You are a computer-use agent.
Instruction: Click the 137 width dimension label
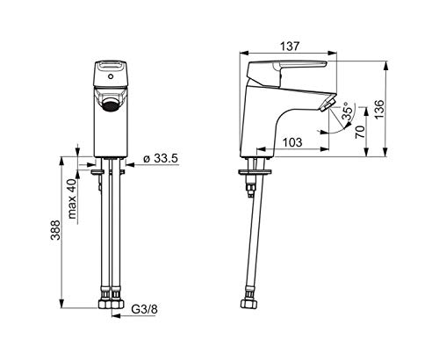(x=290, y=47)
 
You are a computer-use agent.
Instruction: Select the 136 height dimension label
(x=379, y=109)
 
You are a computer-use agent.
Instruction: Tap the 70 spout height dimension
(x=360, y=132)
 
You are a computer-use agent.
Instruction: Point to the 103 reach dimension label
(x=292, y=142)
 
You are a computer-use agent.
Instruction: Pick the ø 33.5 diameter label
(x=161, y=158)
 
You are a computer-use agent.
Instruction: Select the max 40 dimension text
(x=72, y=198)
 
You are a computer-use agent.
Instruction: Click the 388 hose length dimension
(x=55, y=230)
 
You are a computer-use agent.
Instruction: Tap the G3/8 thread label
(x=144, y=309)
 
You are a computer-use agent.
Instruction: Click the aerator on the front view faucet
(x=111, y=104)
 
